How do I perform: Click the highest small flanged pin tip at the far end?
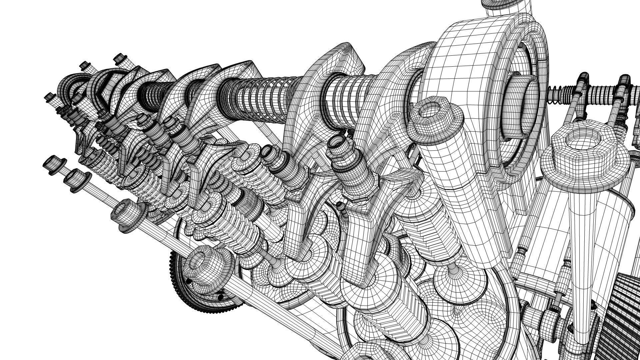click(x=120, y=58)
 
